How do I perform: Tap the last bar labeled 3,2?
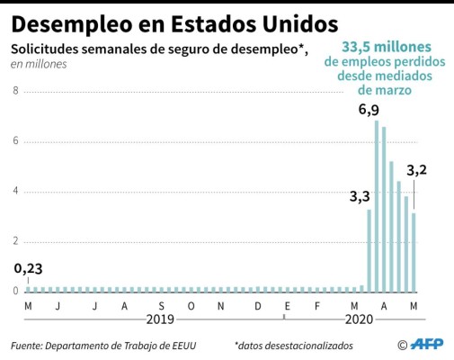[x=414, y=251]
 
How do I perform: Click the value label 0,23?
[x=28, y=268]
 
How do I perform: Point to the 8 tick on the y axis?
[x=15, y=91]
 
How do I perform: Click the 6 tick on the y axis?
[x=15, y=141]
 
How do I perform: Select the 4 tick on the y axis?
[x=15, y=191]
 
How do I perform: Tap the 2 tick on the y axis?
[x=15, y=241]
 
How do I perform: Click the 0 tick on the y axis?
[x=15, y=291]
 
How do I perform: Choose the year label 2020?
[x=359, y=319]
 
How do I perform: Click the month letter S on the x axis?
[x=162, y=306]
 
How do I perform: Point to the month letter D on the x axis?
[x=257, y=306]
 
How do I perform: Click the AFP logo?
[x=426, y=345]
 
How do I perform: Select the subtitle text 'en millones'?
[x=39, y=64]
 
